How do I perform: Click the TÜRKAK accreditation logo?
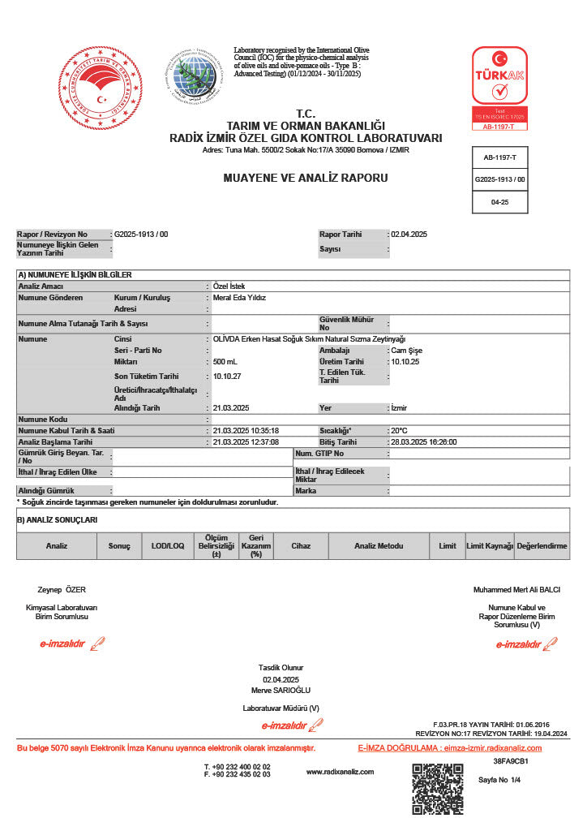point(499,88)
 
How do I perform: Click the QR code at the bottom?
point(437,789)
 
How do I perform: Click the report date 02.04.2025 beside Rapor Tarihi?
point(409,235)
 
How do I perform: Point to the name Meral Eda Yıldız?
point(239,298)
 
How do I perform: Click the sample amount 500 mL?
point(225,362)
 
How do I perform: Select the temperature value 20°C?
point(399,431)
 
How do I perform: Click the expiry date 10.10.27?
point(226,377)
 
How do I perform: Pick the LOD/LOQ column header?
point(168,546)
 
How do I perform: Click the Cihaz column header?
point(301,546)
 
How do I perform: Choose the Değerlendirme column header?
point(542,546)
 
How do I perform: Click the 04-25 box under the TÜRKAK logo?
point(499,202)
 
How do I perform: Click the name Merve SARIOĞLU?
point(281,690)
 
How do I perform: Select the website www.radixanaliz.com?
point(340,772)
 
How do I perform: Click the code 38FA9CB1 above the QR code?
point(511,762)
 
